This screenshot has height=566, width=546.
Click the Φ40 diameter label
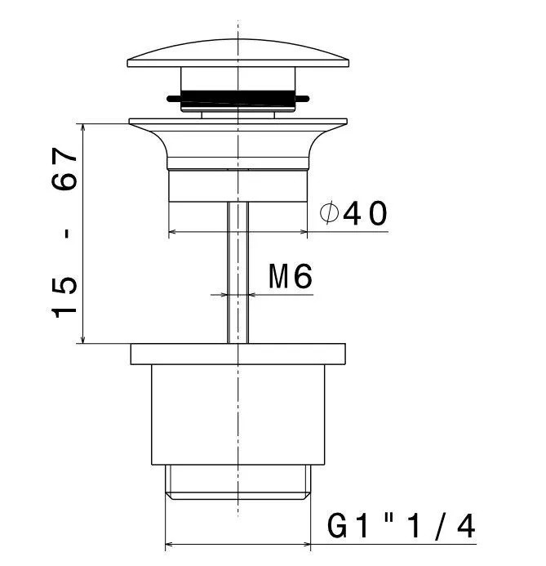pos(353,214)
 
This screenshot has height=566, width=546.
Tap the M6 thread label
pos(291,276)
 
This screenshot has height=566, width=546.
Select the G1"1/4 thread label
pos(401,527)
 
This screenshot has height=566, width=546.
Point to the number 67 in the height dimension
pos(64,168)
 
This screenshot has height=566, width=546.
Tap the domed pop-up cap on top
pos(238,53)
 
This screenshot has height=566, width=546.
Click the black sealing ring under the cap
pos(237,97)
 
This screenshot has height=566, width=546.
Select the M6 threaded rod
pos(238,273)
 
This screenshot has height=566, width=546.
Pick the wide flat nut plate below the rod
pos(238,354)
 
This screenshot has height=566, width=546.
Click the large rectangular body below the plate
pos(238,414)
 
